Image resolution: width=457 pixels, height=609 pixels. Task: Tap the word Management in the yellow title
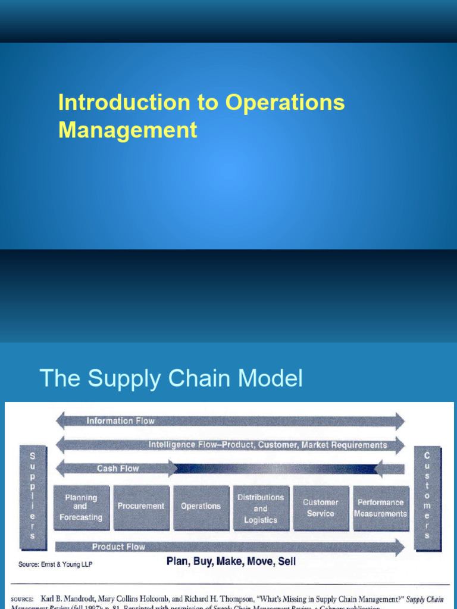[127, 130]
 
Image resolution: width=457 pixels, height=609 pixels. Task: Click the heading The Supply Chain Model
[171, 378]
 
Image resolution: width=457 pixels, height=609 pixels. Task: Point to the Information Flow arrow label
[120, 421]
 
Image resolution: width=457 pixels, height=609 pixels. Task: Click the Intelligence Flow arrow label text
[267, 445]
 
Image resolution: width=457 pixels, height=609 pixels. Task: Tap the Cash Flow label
[118, 469]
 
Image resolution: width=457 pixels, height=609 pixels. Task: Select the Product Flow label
[118, 547]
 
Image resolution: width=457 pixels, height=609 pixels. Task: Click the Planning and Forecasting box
[80, 507]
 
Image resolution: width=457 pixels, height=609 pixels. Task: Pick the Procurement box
[140, 507]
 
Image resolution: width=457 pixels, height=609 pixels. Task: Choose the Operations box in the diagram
[201, 507]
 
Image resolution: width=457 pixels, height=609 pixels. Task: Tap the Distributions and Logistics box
[261, 507]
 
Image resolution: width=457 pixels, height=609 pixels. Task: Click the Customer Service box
[321, 507]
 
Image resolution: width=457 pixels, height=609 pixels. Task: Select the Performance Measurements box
[381, 507]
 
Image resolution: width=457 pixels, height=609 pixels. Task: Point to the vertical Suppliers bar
[32, 494]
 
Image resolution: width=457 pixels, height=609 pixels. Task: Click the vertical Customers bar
[427, 494]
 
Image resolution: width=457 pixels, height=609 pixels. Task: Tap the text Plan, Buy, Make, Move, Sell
[231, 561]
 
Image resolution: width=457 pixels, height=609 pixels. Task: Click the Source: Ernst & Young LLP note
[55, 564]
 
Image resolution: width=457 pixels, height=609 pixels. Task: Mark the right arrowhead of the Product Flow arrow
[398, 547]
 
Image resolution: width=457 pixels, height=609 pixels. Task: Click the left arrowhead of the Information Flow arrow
[61, 421]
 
